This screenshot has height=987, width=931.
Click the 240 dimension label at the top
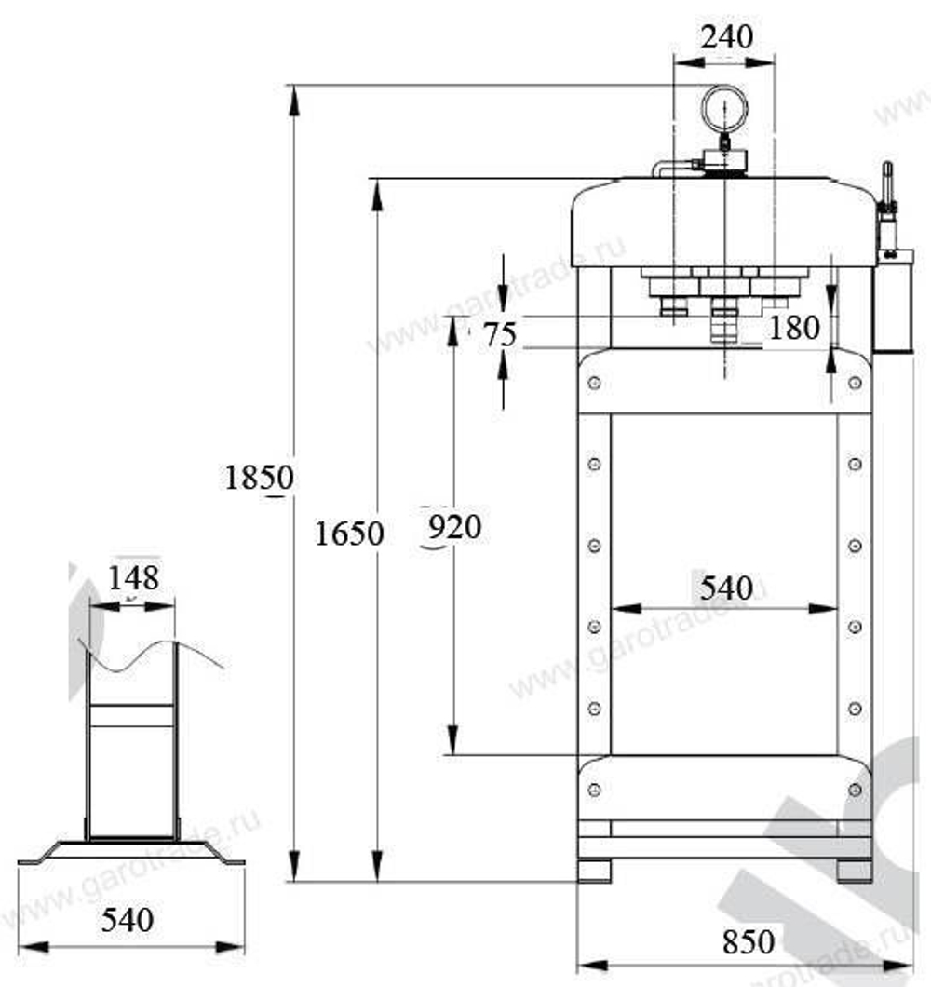click(x=726, y=37)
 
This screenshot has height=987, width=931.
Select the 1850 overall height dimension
click(x=259, y=478)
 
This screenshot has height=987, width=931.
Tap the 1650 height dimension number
click(x=349, y=534)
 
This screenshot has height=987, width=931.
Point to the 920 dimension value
click(x=454, y=528)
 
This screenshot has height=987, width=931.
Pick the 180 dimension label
click(x=795, y=328)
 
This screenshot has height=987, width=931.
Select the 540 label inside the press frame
click(x=726, y=588)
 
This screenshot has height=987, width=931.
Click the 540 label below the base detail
click(x=128, y=920)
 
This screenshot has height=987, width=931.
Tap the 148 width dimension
click(x=133, y=576)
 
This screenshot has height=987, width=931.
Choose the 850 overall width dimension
click(x=748, y=941)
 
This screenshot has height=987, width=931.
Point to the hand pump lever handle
click(x=887, y=184)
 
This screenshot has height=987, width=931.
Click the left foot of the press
click(x=594, y=871)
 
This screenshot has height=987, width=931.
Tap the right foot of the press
click(x=855, y=871)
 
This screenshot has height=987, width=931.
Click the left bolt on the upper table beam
click(x=594, y=383)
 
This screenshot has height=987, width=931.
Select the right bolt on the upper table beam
click(x=855, y=383)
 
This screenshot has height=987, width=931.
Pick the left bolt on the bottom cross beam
click(x=594, y=790)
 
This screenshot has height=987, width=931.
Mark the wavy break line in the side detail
click(x=154, y=653)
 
